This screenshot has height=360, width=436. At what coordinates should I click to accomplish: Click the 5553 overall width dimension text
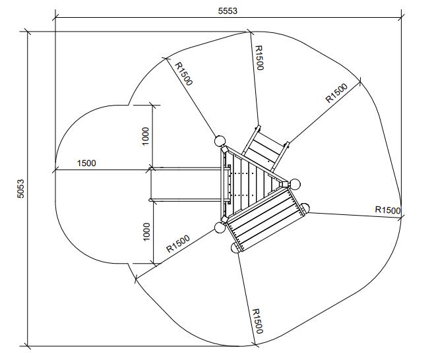228,11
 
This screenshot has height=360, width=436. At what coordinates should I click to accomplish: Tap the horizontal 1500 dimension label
86,163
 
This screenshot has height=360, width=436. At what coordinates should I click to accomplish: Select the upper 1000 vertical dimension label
146,135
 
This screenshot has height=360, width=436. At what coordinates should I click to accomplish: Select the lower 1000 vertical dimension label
146,231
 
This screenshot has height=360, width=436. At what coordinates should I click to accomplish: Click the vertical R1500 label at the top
259,57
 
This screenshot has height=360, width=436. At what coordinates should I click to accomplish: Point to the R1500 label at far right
387,210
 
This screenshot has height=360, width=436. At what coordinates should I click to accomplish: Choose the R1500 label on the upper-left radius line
184,73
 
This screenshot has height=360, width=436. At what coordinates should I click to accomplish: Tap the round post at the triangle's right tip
296,184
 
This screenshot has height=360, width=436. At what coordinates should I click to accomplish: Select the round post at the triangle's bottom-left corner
220,227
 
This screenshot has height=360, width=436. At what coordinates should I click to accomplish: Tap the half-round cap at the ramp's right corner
303,209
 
